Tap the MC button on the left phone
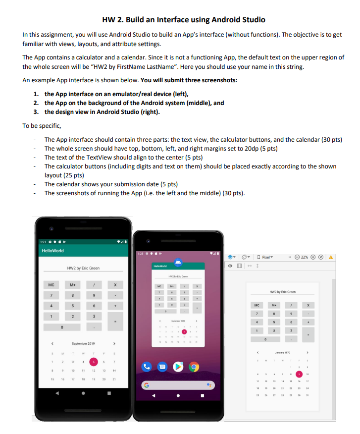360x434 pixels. coord(51,285)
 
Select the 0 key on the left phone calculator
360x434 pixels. coord(61,327)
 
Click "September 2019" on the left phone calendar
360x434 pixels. coord(83,343)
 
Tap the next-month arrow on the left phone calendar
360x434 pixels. coord(115,343)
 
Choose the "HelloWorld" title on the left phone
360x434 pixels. coord(52,251)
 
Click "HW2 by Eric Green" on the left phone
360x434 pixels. coord(83,268)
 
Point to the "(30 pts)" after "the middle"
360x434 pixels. coord(235,193)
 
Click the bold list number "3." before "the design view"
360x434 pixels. coord(36,111)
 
